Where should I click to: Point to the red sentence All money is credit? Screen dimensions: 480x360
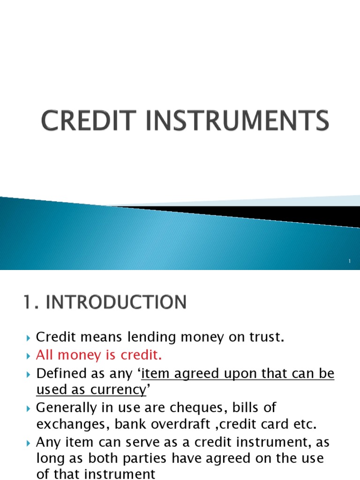(99, 356)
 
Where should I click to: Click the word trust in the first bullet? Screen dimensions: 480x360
(268, 337)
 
